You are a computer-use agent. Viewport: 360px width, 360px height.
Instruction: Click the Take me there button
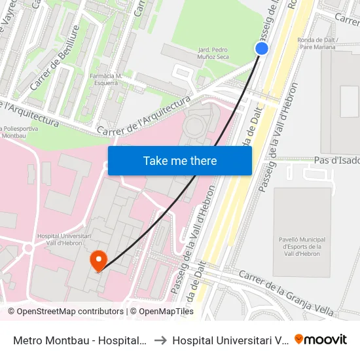point(180,160)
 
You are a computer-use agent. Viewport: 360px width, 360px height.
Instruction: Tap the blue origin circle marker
point(262,48)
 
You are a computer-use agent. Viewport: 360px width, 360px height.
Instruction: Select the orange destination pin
point(99,261)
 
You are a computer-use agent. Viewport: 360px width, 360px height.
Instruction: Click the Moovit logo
point(321,339)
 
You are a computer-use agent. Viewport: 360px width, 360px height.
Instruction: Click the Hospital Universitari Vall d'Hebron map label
point(60,239)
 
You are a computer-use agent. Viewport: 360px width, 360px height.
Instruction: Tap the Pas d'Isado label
point(336,160)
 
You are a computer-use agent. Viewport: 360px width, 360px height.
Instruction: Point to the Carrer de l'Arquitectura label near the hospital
point(143,116)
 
